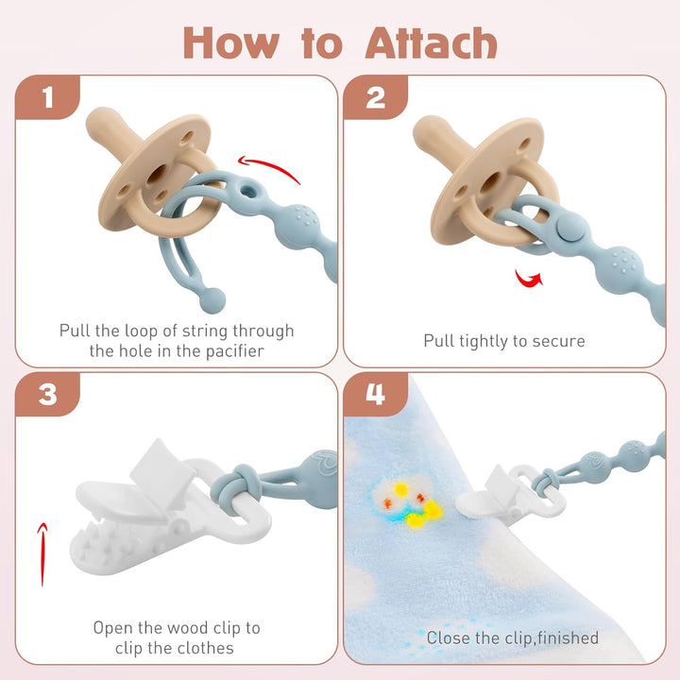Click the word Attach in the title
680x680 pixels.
[431, 42]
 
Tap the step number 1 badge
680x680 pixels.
[48, 97]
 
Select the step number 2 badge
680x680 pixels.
[376, 97]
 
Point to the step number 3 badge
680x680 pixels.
[48, 394]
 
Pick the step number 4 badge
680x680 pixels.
[376, 394]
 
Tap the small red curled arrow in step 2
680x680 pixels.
[528, 279]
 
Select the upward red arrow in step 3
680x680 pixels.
[42, 554]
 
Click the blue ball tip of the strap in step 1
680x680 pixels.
[212, 299]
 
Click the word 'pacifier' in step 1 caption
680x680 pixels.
[234, 350]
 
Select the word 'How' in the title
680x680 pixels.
[230, 42]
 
